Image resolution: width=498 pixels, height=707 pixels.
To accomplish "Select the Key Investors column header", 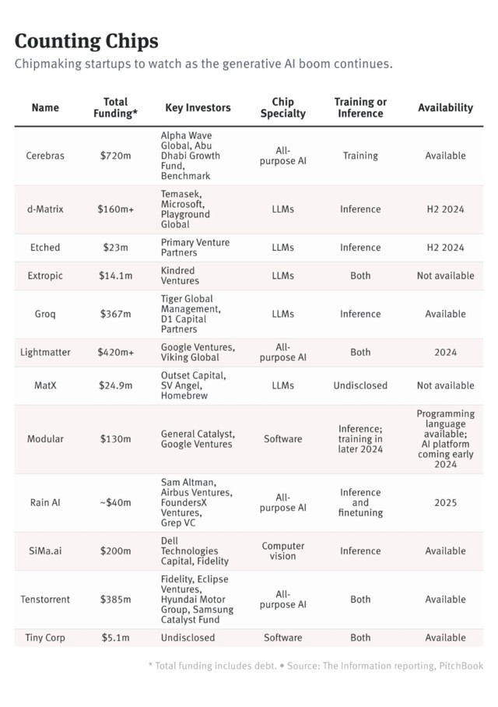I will click(x=198, y=107).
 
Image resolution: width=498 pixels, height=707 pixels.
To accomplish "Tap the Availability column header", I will click(x=445, y=107).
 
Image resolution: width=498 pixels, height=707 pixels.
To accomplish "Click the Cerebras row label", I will click(x=45, y=156).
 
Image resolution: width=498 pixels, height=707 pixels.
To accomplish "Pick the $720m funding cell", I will click(x=115, y=156).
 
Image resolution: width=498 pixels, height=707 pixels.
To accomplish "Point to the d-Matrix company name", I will click(x=45, y=209).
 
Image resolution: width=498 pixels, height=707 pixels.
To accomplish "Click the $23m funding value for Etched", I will click(x=115, y=248).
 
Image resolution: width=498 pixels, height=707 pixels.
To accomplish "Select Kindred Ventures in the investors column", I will click(x=181, y=276).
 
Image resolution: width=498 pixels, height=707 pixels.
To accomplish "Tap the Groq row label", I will click(x=45, y=315).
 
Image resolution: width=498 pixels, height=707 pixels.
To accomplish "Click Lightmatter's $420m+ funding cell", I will click(x=115, y=353).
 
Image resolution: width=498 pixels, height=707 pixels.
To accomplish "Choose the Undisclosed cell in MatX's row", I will click(x=360, y=385).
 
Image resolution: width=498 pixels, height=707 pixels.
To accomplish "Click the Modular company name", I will click(x=45, y=439).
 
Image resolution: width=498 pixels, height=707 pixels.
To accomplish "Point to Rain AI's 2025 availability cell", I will click(x=445, y=503).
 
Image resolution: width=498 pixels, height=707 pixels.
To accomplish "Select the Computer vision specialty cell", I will click(x=282, y=551).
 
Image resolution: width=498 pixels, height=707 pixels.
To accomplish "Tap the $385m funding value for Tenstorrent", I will click(x=115, y=600).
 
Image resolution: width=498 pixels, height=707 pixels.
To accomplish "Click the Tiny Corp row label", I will click(x=45, y=638).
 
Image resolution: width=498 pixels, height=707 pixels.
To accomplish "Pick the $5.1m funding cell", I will click(x=115, y=638).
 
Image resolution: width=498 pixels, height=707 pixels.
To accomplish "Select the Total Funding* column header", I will click(x=115, y=107).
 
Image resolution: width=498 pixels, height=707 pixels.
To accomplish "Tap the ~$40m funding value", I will click(x=115, y=503).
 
